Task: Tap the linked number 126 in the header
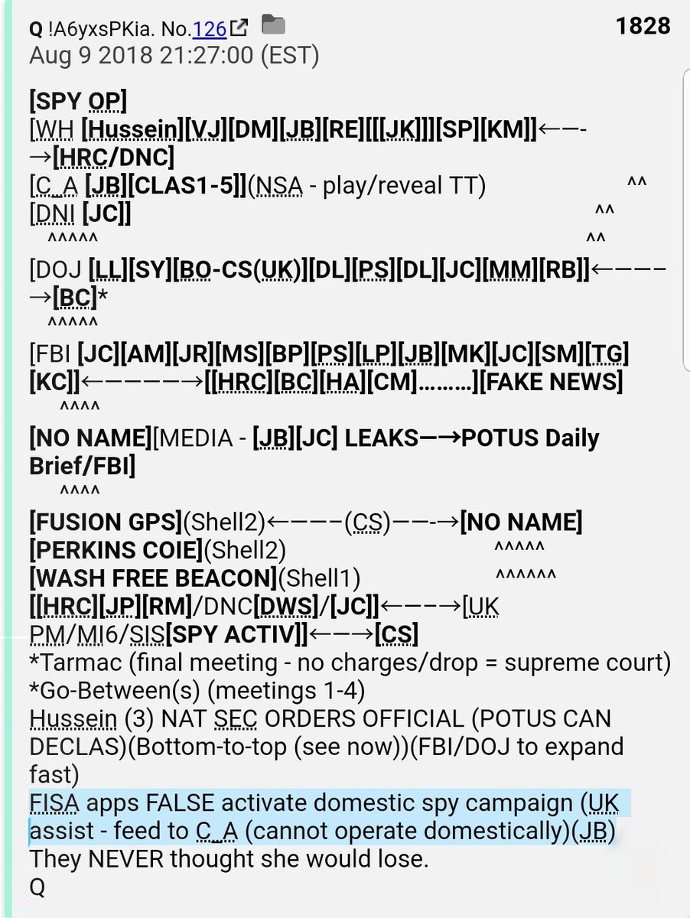(210, 29)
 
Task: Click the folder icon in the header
(273, 27)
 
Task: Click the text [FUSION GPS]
(106, 523)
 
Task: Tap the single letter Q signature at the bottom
(37, 887)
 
